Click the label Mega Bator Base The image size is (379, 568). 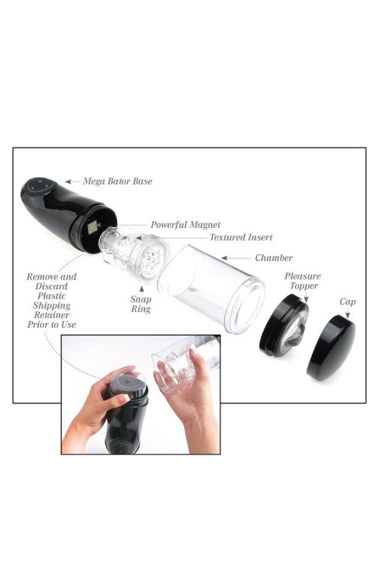point(117,182)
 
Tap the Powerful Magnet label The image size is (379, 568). point(185,224)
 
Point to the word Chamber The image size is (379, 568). point(274,258)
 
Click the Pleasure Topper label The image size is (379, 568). point(303,281)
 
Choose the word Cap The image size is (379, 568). point(347,302)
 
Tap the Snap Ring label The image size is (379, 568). point(141,304)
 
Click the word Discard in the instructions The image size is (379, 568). point(52,286)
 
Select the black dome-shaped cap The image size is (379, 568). point(333,348)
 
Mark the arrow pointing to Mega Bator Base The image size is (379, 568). point(71,182)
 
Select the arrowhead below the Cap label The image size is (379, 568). point(347,315)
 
